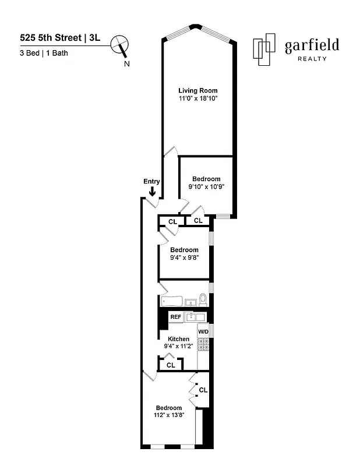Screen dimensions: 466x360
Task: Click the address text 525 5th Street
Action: pyautogui.click(x=51, y=38)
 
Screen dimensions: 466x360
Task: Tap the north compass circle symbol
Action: pyautogui.click(x=122, y=43)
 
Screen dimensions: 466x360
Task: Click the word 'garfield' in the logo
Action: pyautogui.click(x=311, y=46)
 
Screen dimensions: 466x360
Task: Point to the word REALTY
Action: pyautogui.click(x=312, y=59)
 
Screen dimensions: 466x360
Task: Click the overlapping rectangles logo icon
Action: pyautogui.click(x=265, y=49)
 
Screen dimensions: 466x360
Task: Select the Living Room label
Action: pyautogui.click(x=198, y=90)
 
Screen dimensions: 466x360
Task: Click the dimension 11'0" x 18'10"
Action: pyautogui.click(x=198, y=98)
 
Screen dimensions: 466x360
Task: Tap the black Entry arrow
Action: pyautogui.click(x=152, y=192)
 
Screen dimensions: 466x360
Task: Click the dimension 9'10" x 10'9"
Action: pyautogui.click(x=206, y=187)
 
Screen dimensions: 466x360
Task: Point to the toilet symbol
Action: pyautogui.click(x=203, y=301)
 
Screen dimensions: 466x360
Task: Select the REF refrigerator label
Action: pyautogui.click(x=175, y=317)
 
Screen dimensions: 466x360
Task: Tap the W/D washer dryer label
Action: pyautogui.click(x=203, y=331)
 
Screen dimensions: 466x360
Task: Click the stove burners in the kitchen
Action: pyautogui.click(x=203, y=345)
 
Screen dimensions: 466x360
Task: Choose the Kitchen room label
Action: pyautogui.click(x=178, y=339)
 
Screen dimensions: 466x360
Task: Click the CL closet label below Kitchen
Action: pyautogui.click(x=171, y=365)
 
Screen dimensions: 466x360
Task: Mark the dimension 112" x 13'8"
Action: pyautogui.click(x=168, y=416)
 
